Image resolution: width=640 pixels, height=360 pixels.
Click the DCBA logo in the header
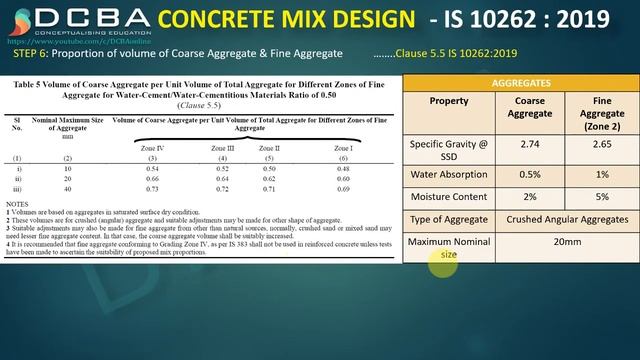click(76, 19)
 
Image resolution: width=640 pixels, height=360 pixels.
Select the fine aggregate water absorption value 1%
click(601, 176)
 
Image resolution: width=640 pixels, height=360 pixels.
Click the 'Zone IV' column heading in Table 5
click(153, 147)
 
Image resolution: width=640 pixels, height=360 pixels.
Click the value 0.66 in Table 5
click(153, 178)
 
